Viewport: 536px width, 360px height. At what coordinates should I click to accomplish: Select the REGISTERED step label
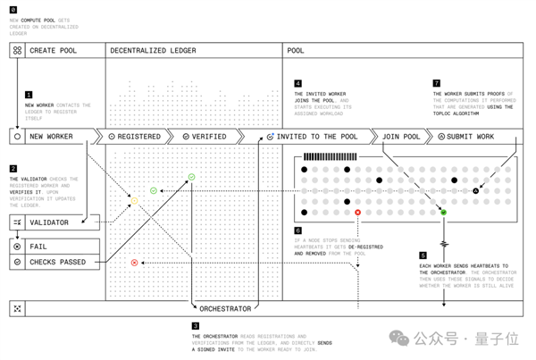tap(139, 137)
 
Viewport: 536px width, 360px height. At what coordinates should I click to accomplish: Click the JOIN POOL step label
tap(401, 137)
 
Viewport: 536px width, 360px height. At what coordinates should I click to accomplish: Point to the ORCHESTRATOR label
tap(224, 309)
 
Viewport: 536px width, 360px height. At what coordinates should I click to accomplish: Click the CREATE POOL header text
tap(55, 51)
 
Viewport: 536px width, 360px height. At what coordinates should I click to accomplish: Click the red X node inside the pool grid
tap(358, 213)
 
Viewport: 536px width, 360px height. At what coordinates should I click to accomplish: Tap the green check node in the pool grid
tap(443, 213)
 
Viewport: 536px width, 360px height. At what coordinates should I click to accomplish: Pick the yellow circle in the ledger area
tap(134, 202)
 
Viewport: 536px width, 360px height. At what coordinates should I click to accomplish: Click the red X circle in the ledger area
tap(134, 263)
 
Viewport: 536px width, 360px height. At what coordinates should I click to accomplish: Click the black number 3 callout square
tap(196, 326)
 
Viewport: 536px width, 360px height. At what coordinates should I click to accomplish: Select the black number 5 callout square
tap(423, 255)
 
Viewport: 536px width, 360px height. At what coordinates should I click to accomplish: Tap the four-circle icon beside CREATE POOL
tap(16, 51)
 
